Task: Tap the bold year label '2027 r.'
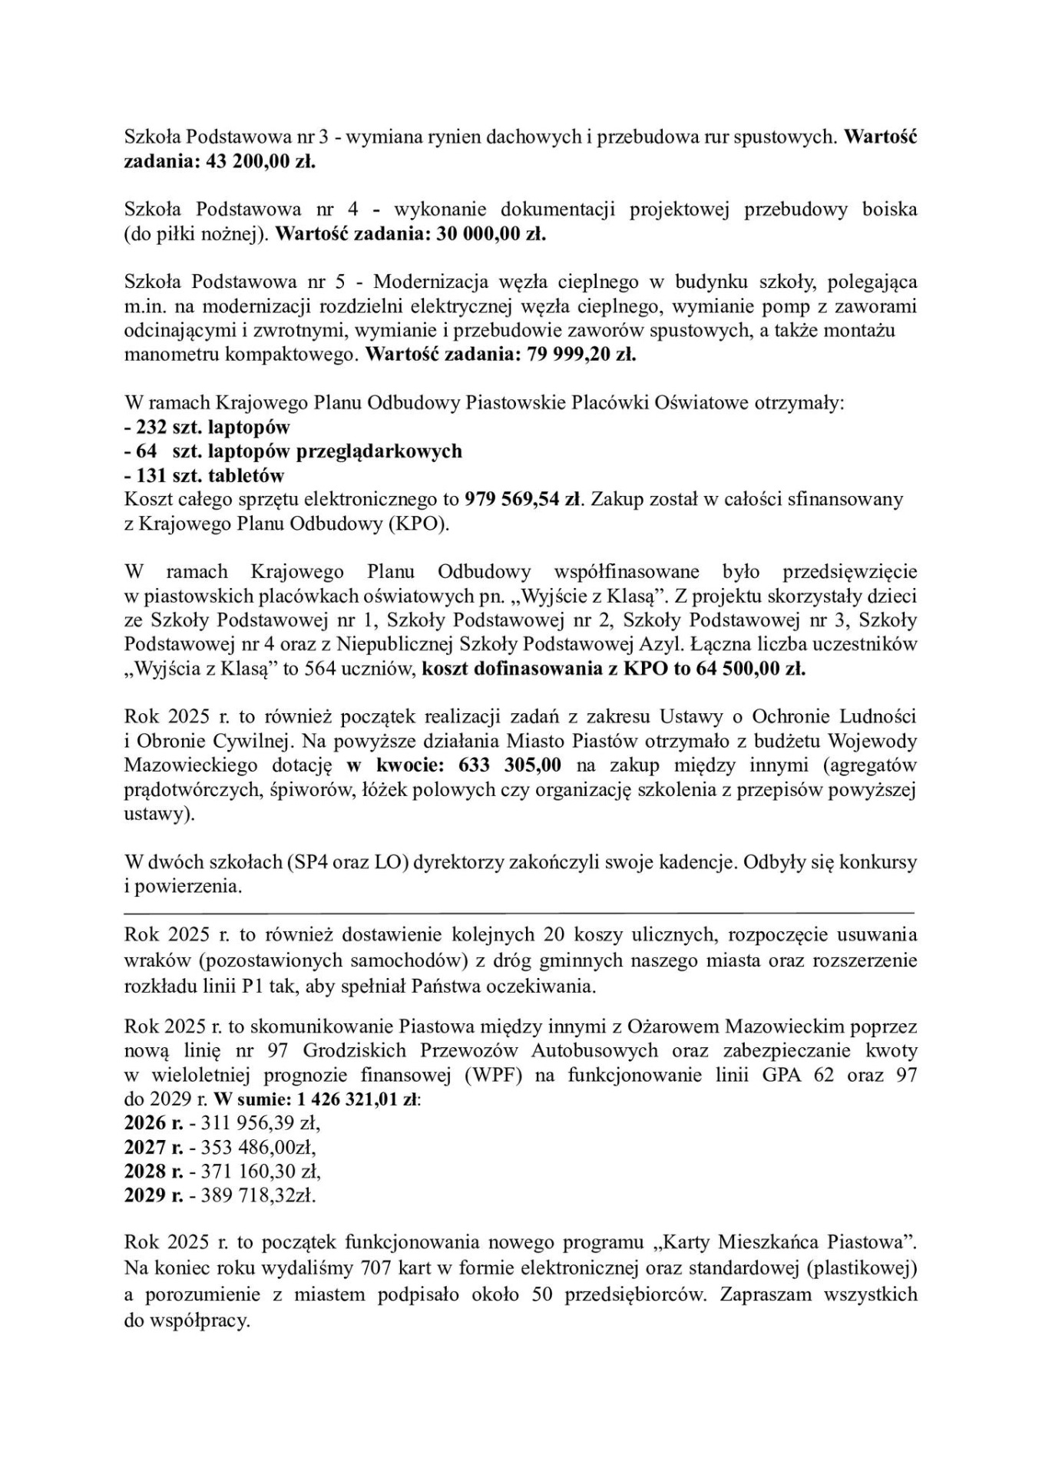[154, 1147]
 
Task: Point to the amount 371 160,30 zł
[260, 1171]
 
